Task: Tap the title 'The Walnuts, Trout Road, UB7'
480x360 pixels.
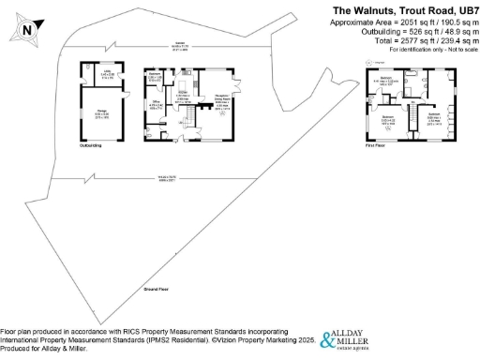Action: tap(404, 9)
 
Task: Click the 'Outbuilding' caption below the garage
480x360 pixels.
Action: tap(90, 146)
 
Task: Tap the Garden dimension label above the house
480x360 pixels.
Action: tap(178, 45)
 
